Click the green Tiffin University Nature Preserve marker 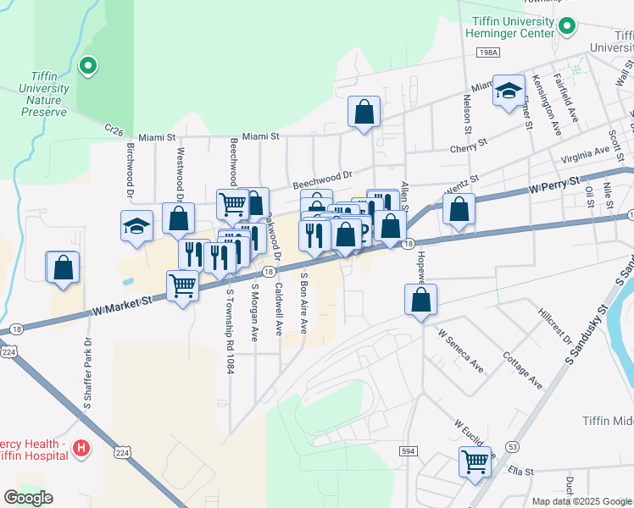pos(87,65)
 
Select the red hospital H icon pos(81,447)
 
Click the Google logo pos(28,498)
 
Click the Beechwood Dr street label pos(322,179)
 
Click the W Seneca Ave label pos(460,351)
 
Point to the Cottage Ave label pos(523,370)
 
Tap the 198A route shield pos(488,52)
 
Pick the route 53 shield pos(511,445)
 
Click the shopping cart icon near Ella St pos(475,462)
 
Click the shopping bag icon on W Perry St pos(459,211)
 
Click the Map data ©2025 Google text pos(581,500)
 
